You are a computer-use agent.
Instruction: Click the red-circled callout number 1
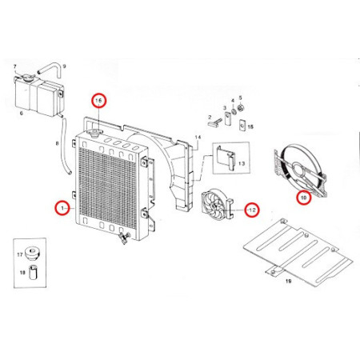[x=62, y=206]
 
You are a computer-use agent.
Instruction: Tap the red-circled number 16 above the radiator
[x=99, y=101]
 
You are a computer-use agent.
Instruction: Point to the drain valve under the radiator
[x=122, y=238]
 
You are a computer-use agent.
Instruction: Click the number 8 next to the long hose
[x=57, y=142]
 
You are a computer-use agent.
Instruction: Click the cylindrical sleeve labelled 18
[x=32, y=273]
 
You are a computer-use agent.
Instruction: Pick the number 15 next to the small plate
[x=250, y=126]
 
